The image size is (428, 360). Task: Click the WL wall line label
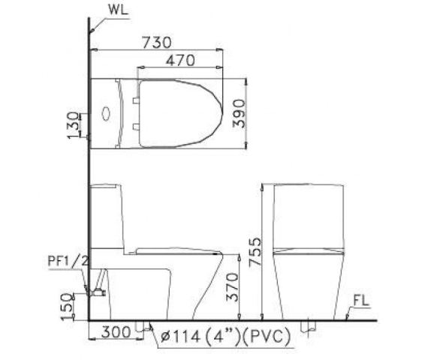point(118,10)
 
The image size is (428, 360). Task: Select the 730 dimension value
point(157,42)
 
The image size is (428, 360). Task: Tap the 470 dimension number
point(181,60)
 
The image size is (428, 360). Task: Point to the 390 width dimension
point(239,113)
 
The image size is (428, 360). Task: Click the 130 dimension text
point(73,125)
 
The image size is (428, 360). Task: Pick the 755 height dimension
point(255,251)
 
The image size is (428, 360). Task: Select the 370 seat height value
point(232,287)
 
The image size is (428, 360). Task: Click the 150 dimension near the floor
point(67,307)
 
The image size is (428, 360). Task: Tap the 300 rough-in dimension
point(116,332)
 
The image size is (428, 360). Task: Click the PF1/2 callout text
point(68,261)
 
